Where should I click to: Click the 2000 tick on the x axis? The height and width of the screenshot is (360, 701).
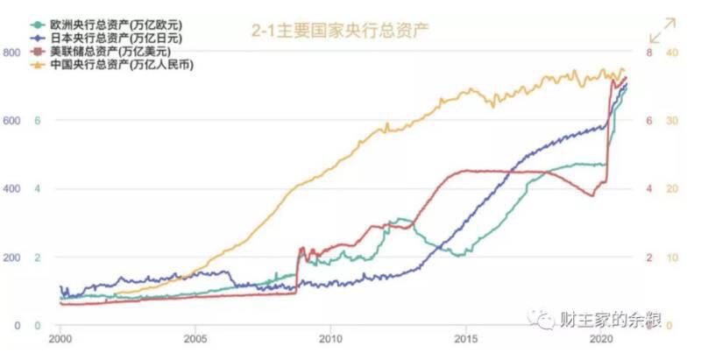coord(60,338)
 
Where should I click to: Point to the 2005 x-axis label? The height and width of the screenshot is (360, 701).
coord(195,338)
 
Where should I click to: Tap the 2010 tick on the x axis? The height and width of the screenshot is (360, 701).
coord(330,338)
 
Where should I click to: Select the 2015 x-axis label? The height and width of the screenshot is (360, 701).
coord(466,338)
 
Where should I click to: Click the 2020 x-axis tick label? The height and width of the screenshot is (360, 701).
coord(601,338)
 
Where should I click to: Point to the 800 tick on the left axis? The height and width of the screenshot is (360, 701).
coord(11,53)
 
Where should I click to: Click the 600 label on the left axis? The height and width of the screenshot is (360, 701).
coord(11,121)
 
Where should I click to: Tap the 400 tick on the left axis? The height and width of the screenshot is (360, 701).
coord(11,189)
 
